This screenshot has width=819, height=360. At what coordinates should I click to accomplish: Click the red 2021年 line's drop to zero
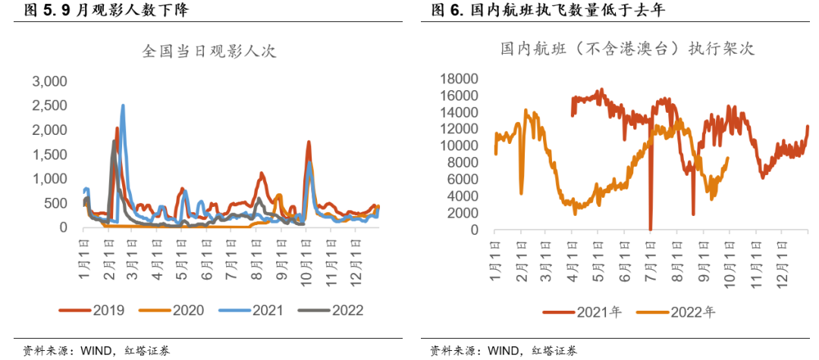651,227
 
